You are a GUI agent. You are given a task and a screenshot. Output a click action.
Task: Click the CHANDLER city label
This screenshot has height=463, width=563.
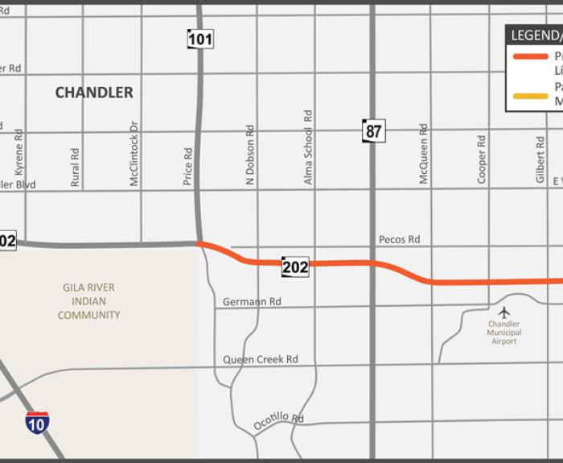(94, 93)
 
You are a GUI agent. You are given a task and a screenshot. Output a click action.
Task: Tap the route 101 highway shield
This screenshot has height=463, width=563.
(200, 38)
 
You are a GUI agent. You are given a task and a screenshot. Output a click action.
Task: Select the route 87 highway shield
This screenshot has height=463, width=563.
(373, 130)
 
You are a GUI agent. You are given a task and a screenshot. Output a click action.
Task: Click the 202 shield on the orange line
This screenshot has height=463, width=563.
(295, 267)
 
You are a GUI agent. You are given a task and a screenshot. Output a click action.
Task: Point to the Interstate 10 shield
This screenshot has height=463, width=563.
(37, 422)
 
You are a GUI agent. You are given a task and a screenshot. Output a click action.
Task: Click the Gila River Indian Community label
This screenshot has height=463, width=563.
(88, 301)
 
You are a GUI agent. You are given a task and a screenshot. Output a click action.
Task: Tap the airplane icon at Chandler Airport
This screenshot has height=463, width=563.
(504, 312)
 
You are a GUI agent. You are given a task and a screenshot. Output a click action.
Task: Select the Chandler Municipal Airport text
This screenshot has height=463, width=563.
(504, 333)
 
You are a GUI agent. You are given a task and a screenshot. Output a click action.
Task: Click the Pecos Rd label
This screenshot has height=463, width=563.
(400, 239)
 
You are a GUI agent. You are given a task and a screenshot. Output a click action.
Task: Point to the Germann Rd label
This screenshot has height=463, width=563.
(252, 302)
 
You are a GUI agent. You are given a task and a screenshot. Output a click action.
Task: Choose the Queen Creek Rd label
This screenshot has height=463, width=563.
(261, 359)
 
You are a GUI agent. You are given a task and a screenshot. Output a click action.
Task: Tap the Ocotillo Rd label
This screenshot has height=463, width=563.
(278, 420)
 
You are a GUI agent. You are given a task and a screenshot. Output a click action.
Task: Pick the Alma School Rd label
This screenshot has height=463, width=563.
(308, 148)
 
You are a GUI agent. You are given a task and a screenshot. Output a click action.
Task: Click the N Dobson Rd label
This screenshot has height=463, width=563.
(250, 156)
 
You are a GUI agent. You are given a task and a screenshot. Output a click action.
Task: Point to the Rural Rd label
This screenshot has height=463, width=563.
(76, 167)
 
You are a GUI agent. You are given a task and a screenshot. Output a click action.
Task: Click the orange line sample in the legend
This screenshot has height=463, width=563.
(531, 56)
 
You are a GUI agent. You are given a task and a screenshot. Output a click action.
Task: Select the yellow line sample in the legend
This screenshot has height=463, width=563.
(531, 97)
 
